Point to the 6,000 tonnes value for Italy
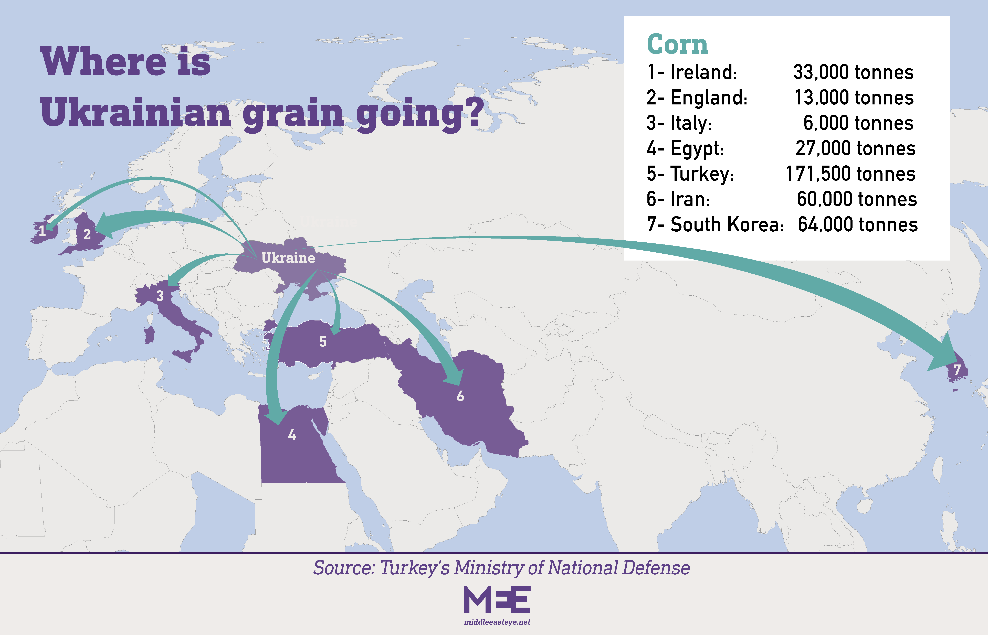[x=858, y=123]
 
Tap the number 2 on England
[x=87, y=234]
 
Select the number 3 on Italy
[x=160, y=296]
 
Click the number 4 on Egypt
[x=292, y=435]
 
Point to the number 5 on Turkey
[x=323, y=341]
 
